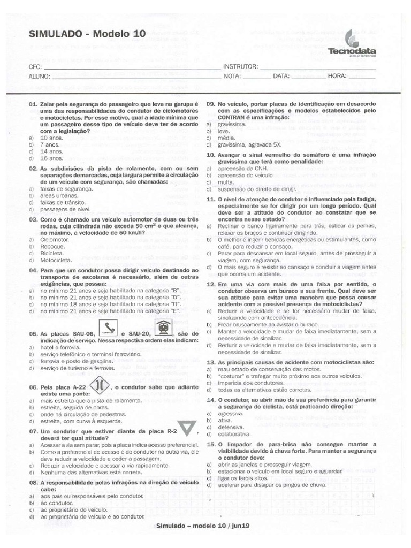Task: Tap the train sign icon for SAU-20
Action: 162,328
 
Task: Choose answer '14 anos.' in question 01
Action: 52,151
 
